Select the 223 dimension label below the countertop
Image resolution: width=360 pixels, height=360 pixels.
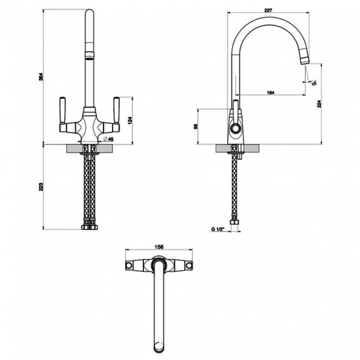(x=40, y=187)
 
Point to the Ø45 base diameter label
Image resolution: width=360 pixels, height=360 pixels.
(x=109, y=139)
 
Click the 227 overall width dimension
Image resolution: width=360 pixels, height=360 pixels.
(x=268, y=10)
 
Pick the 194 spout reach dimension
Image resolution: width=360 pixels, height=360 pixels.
(x=270, y=91)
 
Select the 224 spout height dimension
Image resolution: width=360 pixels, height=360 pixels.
(x=318, y=103)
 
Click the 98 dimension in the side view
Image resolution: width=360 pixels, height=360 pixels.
(x=196, y=127)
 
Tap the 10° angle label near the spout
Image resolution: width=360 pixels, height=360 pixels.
(x=314, y=83)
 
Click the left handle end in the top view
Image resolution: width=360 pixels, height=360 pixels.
(x=130, y=266)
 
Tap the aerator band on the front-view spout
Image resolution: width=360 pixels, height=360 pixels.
(x=89, y=56)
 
